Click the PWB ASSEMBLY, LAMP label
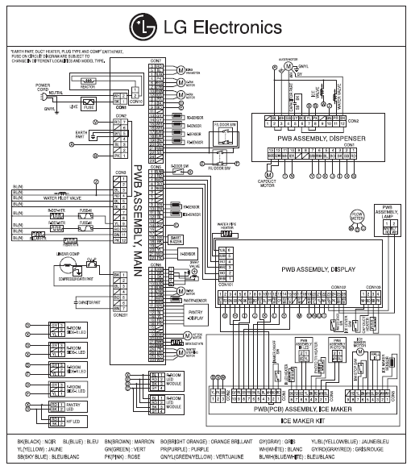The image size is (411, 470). coord(392,212)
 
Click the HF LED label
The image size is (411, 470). coord(73,421)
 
